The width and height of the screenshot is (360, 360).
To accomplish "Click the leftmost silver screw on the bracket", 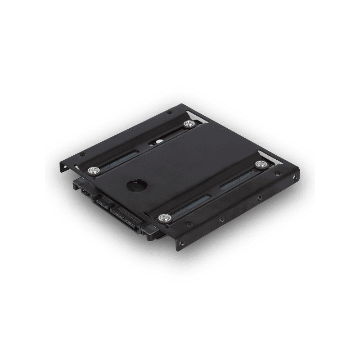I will (94, 170).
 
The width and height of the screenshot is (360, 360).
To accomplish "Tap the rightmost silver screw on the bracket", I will (259, 164).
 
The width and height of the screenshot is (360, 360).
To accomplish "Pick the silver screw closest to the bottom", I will (165, 218).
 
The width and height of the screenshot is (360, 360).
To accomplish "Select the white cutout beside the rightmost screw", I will (269, 166).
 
